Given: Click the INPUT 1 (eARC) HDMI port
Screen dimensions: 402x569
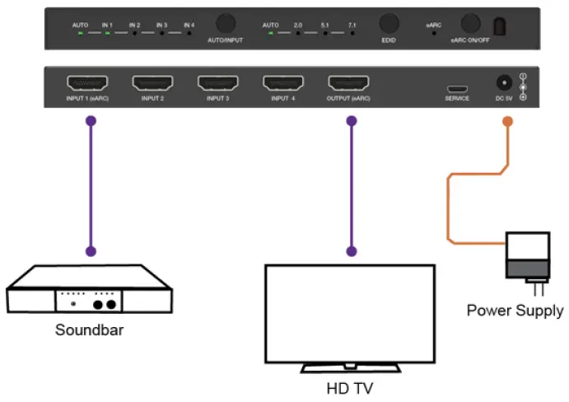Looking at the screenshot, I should click(x=87, y=83).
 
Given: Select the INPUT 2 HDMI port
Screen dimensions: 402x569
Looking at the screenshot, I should click(x=152, y=83).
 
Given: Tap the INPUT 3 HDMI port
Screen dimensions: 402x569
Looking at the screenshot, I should click(x=217, y=83).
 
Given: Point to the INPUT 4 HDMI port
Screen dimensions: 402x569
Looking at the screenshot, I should click(x=283, y=83).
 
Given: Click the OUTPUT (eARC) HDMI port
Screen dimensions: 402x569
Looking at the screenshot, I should click(x=349, y=83).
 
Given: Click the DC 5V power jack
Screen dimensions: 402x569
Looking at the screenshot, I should click(x=501, y=84).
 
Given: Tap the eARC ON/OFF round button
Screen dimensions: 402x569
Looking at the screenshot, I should click(x=471, y=24).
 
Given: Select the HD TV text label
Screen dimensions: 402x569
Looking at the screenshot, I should click(x=349, y=387).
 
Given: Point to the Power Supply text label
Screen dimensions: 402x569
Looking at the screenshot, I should click(x=515, y=311).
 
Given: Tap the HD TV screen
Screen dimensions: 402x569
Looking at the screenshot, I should click(x=349, y=311).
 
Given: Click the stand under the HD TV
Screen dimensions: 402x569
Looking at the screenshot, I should click(x=349, y=367).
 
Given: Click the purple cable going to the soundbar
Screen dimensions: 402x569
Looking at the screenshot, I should click(x=91, y=185).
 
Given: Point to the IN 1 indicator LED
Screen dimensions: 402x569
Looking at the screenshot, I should click(x=107, y=34).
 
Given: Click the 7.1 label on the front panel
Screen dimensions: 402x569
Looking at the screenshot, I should click(x=351, y=26).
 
